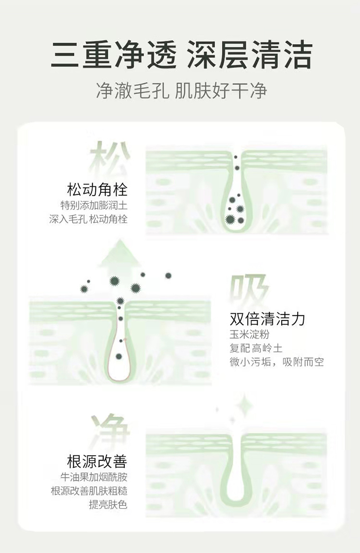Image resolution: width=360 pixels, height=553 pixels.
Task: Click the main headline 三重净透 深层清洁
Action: (181, 55)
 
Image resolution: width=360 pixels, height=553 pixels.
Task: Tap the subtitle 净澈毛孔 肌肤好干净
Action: (181, 91)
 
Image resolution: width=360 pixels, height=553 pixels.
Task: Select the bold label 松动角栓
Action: (97, 189)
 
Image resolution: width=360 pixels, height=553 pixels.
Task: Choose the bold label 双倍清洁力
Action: (267, 319)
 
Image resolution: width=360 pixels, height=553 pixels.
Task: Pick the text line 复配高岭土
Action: (256, 348)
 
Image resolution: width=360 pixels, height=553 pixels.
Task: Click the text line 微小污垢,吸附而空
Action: (276, 362)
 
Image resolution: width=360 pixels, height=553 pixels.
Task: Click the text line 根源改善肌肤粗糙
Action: (89, 491)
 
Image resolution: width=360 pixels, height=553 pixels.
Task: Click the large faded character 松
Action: (110, 157)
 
